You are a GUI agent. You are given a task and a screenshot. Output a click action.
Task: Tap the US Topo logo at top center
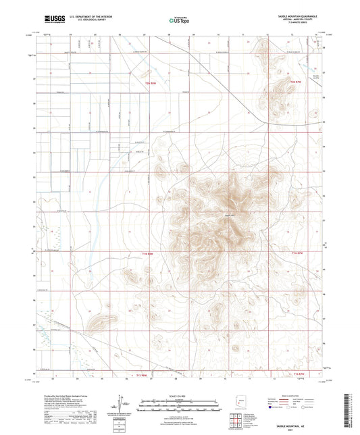(x=179, y=21)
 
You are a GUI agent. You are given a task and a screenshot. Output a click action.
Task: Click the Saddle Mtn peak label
(x=228, y=215)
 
